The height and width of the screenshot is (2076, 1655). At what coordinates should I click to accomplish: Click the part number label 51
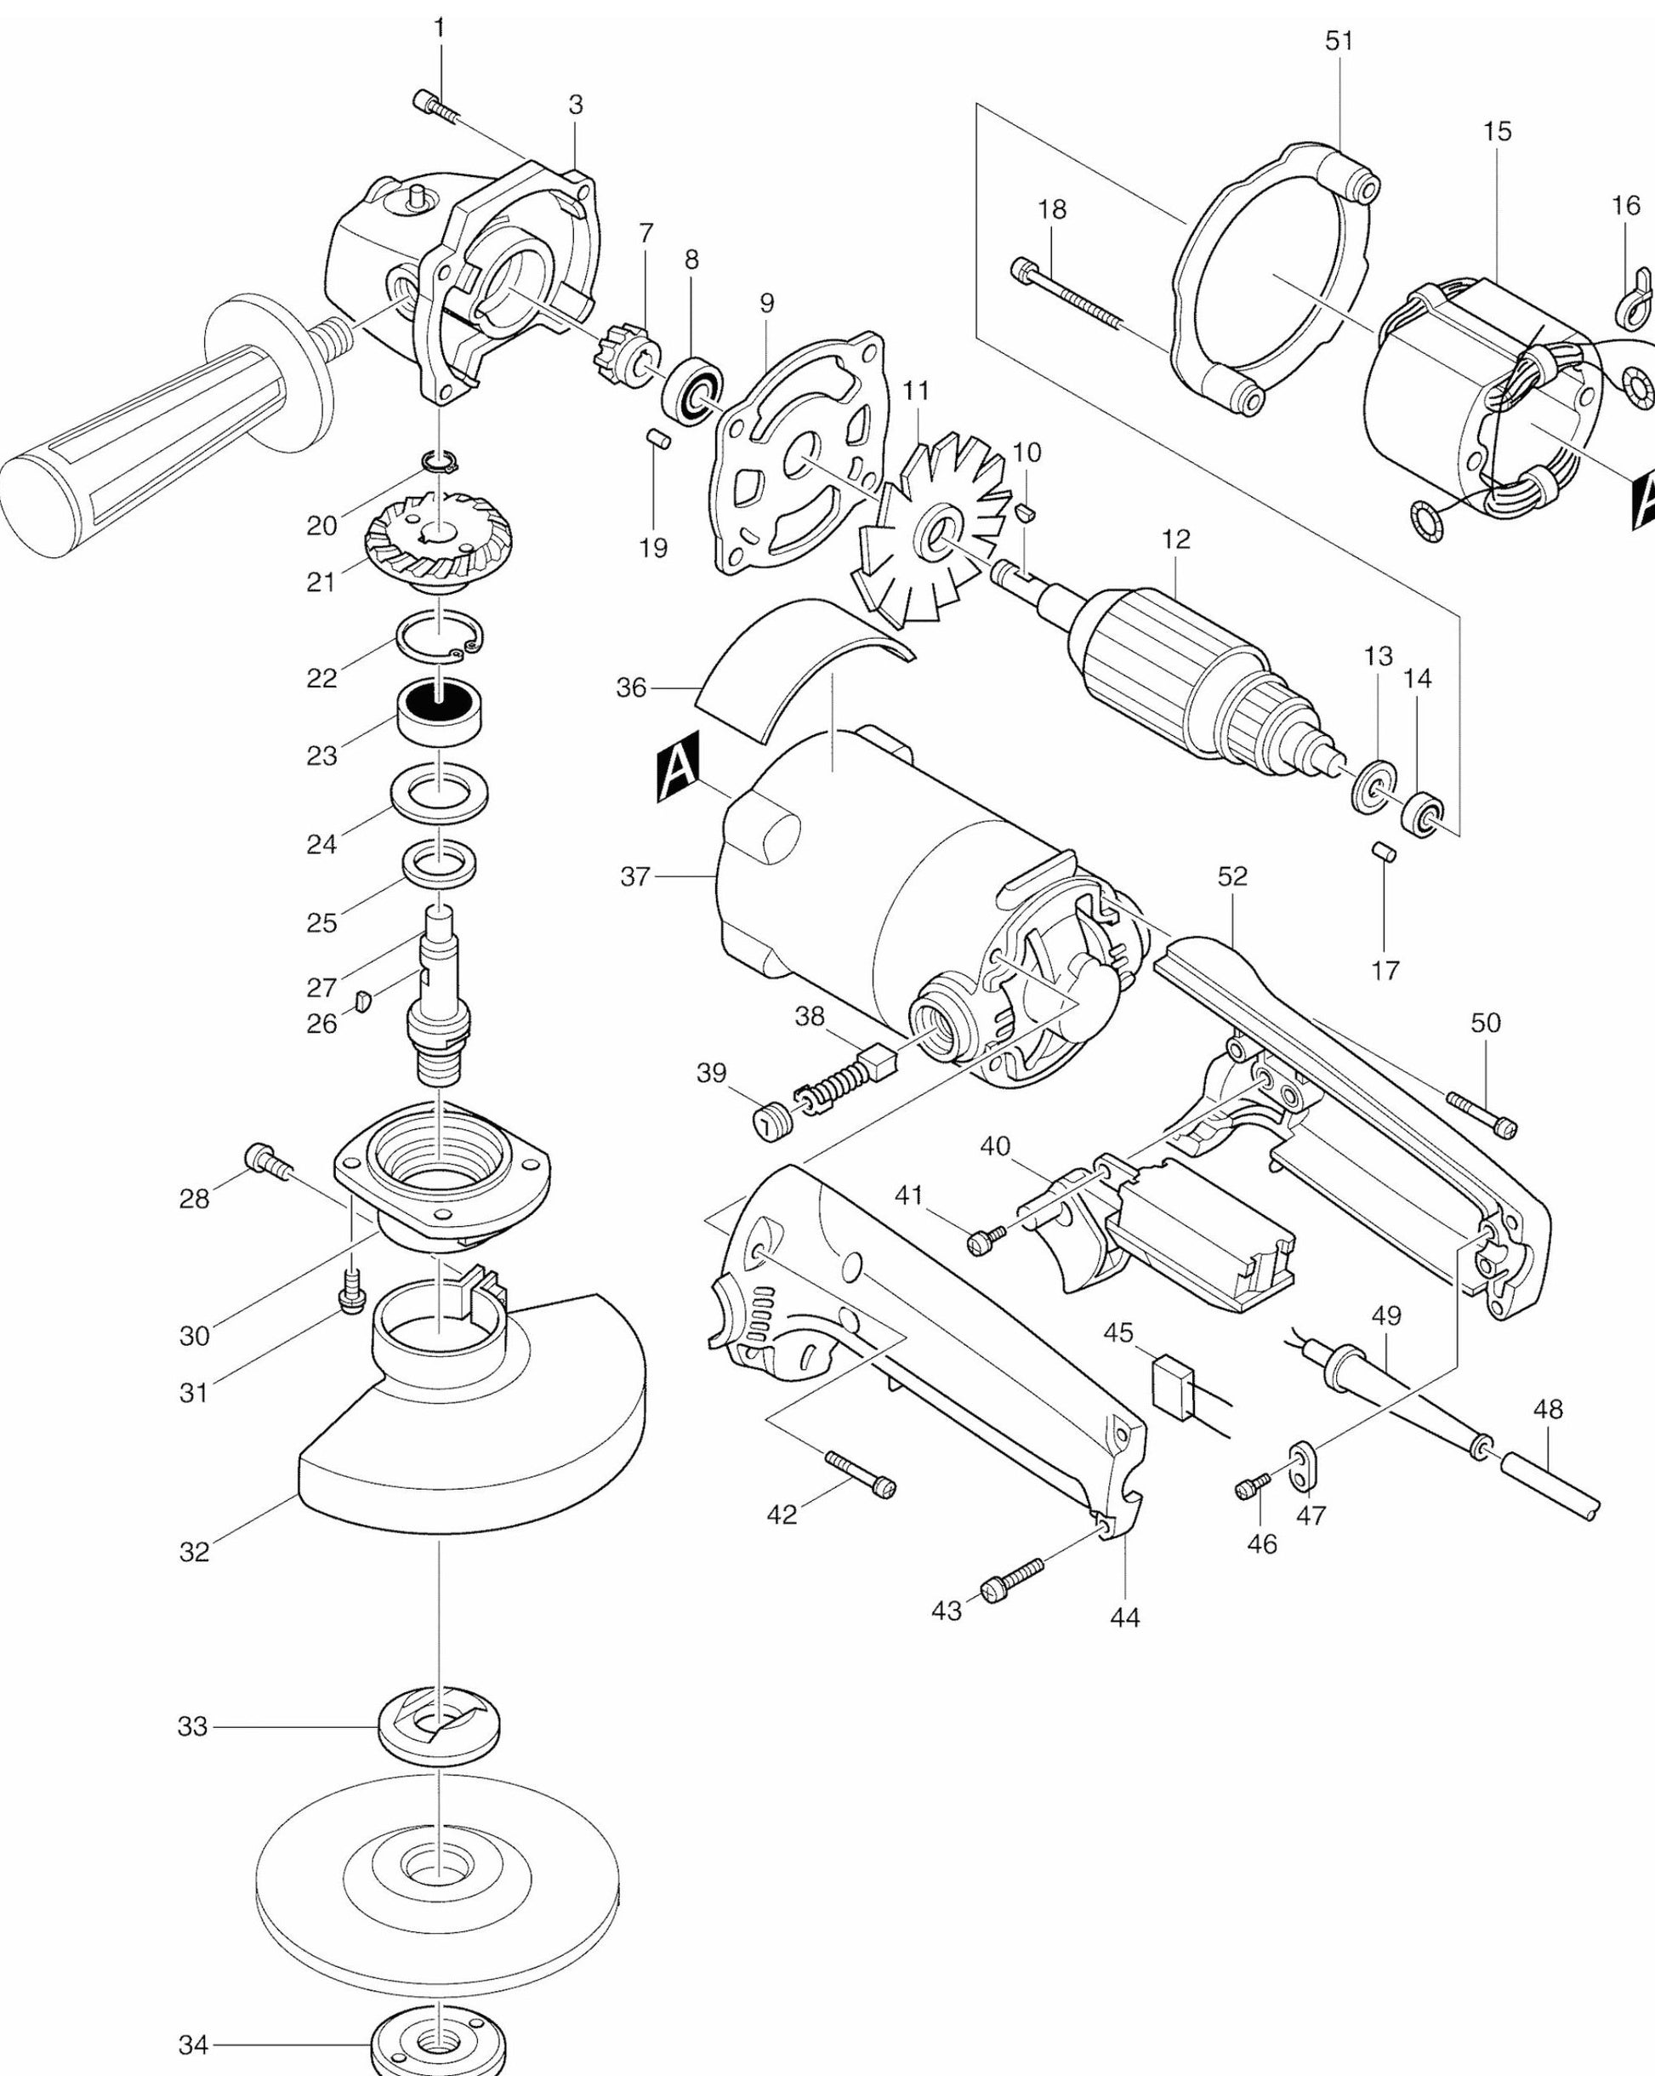pos(1339,42)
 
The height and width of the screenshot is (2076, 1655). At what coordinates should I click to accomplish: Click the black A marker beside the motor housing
pos(678,766)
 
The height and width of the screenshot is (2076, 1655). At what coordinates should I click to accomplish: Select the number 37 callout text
pos(635,876)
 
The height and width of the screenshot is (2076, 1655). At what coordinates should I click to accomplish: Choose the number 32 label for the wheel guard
pos(194,1551)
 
